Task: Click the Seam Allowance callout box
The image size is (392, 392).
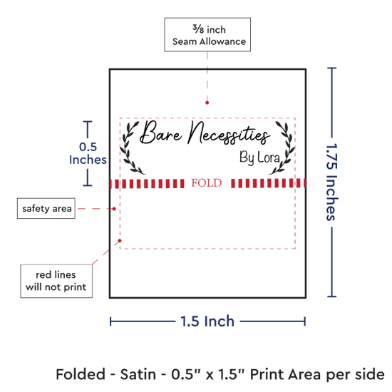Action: pos(207,35)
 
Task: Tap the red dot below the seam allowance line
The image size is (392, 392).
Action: pos(207,103)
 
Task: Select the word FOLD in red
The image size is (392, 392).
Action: pos(207,183)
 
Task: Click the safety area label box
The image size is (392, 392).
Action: pos(46,208)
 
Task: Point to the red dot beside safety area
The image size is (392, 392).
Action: pos(114,209)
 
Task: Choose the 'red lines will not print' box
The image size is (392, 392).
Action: pos(56,281)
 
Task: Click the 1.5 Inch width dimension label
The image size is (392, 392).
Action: pos(207,321)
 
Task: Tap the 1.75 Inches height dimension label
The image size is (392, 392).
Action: pos(332,182)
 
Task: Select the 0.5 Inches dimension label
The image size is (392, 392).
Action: pos(88,153)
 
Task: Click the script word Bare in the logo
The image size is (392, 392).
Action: pos(161,133)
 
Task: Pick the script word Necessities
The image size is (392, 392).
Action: pos(229,133)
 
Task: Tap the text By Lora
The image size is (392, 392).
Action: pos(259,158)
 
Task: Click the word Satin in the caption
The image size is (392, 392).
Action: pos(138,374)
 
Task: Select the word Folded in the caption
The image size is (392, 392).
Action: pos(81,374)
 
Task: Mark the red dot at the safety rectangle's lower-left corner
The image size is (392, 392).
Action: pos(120,240)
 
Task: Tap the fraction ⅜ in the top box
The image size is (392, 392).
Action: pos(198,29)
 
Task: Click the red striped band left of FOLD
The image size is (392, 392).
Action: pos(147,183)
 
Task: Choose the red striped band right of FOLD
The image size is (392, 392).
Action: pos(268,183)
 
